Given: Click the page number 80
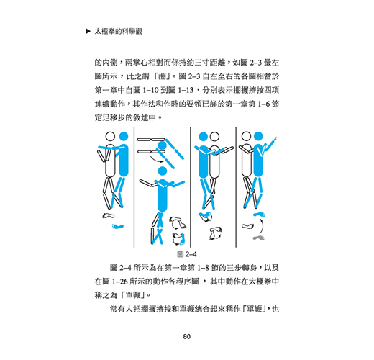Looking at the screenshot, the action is click(187, 336).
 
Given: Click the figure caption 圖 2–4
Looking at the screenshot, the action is click(187, 254).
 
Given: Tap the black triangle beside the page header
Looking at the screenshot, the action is click(88, 31).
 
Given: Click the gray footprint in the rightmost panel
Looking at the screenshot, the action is click(259, 238).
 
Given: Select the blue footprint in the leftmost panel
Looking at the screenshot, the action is click(118, 226).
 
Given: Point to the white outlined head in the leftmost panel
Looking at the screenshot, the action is click(110, 137).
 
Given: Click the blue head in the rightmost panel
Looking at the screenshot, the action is click(258, 136).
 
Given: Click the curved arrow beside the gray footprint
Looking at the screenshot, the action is click(262, 226).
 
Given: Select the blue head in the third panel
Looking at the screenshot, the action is click(204, 137).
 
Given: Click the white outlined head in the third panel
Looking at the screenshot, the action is click(214, 137).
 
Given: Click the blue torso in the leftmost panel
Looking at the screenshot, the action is click(124, 161).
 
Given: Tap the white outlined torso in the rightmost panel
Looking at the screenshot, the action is click(247, 161).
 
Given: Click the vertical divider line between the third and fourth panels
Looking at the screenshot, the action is click(236, 187).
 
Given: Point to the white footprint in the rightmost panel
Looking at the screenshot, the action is click(247, 226).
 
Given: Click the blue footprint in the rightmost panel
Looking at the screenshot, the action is click(259, 214).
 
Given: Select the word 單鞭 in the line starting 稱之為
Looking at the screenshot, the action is click(132, 295).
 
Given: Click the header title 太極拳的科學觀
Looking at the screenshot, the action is click(119, 32).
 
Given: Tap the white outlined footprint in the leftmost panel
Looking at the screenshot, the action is click(109, 215).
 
